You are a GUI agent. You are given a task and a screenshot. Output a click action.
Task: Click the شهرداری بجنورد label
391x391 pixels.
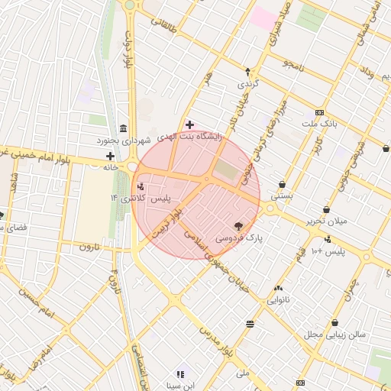pos(124,141)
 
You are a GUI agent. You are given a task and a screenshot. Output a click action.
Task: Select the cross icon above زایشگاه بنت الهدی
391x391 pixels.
pos(189,124)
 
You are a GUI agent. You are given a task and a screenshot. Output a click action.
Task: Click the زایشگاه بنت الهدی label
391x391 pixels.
pos(189,137)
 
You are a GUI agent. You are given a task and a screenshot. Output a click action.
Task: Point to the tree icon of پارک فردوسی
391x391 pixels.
pos(238,225)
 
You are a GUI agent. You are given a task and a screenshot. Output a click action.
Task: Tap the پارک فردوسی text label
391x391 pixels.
pos(238,238)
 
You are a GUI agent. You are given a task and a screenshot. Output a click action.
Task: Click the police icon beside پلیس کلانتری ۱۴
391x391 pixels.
pos(140,186)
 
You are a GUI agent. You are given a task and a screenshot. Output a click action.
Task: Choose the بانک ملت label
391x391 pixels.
pos(318,124)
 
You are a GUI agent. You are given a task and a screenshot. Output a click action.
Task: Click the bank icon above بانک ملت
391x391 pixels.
pos(319,111)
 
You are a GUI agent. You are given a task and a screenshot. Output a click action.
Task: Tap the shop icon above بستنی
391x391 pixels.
pos(283,184)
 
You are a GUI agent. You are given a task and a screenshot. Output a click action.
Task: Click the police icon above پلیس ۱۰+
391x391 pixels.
pos(328,238)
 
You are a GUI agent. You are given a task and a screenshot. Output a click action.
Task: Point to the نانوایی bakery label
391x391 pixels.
pos(277,300)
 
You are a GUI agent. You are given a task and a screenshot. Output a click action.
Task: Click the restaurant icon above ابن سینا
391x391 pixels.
pos(180,374)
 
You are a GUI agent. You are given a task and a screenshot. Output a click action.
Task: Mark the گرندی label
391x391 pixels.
pos(248,83)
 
